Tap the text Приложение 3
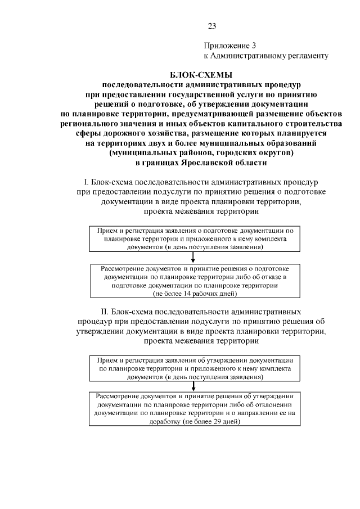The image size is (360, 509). [x=229, y=46]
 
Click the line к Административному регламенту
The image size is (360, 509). [x=265, y=56]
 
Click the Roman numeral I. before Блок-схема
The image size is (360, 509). [x=85, y=183]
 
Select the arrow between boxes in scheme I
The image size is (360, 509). [x=193, y=258]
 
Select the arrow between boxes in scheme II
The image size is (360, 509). [x=193, y=385]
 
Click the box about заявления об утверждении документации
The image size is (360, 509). [x=193, y=368]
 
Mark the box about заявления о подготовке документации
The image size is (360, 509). [x=193, y=239]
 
